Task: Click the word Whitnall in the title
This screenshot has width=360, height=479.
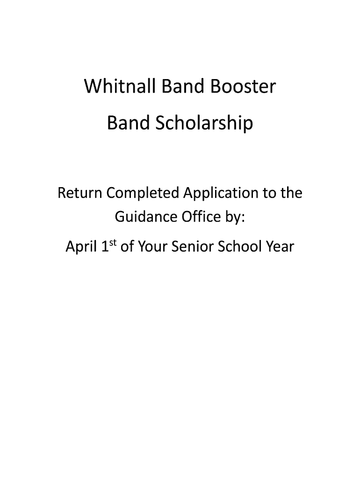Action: coord(120,86)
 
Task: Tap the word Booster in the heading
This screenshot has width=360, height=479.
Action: coord(243,86)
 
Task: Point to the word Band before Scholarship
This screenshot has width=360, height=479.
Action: coord(128,123)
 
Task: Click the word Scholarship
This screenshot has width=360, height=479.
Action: coord(204,123)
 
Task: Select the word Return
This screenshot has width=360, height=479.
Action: coord(79,193)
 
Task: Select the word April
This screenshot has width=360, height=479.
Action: coord(81,247)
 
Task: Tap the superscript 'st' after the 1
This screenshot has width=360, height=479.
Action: coord(113,243)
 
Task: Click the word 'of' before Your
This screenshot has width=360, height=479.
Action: coord(127,246)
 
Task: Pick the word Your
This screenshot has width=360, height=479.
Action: coord(153,246)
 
